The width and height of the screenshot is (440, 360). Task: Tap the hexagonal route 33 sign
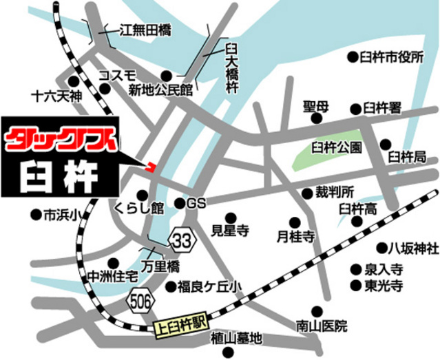[x=182, y=241]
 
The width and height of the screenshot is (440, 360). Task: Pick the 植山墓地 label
[x=236, y=338]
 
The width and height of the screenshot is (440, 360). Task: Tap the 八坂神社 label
[x=412, y=248]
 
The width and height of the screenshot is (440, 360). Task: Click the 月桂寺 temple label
[x=295, y=237]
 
